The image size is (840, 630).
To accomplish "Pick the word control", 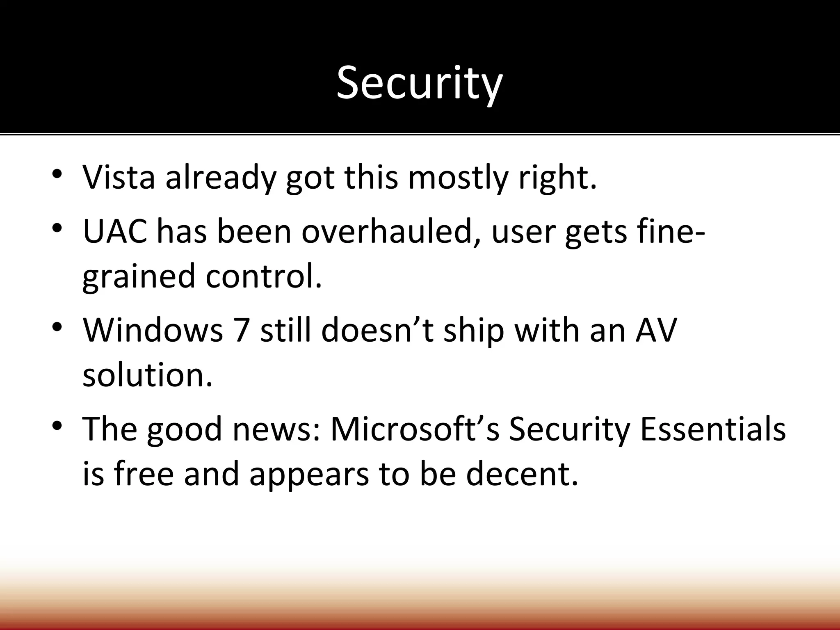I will (x=264, y=276).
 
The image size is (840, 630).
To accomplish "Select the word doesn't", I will (x=377, y=330).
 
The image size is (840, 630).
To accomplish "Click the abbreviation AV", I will (x=655, y=330).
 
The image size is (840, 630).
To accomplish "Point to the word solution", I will (x=148, y=375).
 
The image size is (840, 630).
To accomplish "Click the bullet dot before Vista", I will (x=57, y=173).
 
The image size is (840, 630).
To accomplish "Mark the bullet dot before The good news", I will (x=57, y=425).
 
